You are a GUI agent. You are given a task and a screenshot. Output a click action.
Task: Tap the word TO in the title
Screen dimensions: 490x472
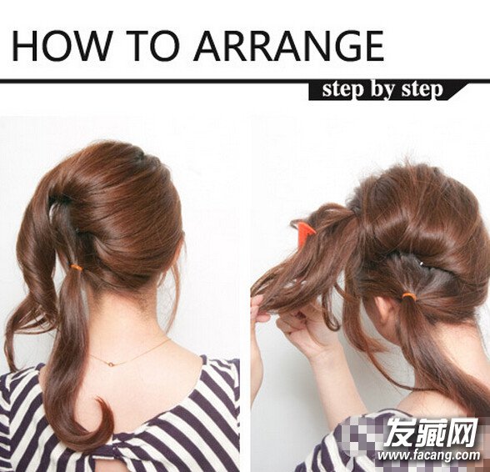coord(153,46)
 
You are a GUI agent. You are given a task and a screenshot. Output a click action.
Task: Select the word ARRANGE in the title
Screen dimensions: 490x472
coord(288,46)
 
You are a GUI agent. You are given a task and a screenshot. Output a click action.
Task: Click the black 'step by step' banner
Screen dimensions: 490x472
coord(387,92)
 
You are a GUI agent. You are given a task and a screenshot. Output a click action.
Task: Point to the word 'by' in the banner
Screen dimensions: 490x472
coord(383,91)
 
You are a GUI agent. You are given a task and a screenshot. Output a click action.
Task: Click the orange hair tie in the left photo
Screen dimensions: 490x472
coord(76,268)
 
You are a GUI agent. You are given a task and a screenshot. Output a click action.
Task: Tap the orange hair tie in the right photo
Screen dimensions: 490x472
coord(408,296)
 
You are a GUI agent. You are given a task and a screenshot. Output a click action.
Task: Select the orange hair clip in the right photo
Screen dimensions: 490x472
coord(305,231)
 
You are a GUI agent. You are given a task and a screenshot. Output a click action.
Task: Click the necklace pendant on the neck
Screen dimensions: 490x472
coord(110,364)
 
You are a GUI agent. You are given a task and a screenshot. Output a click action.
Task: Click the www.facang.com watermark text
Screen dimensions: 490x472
coord(428,455)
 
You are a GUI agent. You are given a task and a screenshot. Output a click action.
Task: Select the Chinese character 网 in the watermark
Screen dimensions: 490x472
coord(462,432)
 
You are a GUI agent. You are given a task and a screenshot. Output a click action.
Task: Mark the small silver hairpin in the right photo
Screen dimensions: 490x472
coord(422,264)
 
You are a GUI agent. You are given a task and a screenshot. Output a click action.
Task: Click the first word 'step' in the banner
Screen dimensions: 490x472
coord(343,90)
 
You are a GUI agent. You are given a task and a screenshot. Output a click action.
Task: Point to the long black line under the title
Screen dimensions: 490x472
coord(245,81)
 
